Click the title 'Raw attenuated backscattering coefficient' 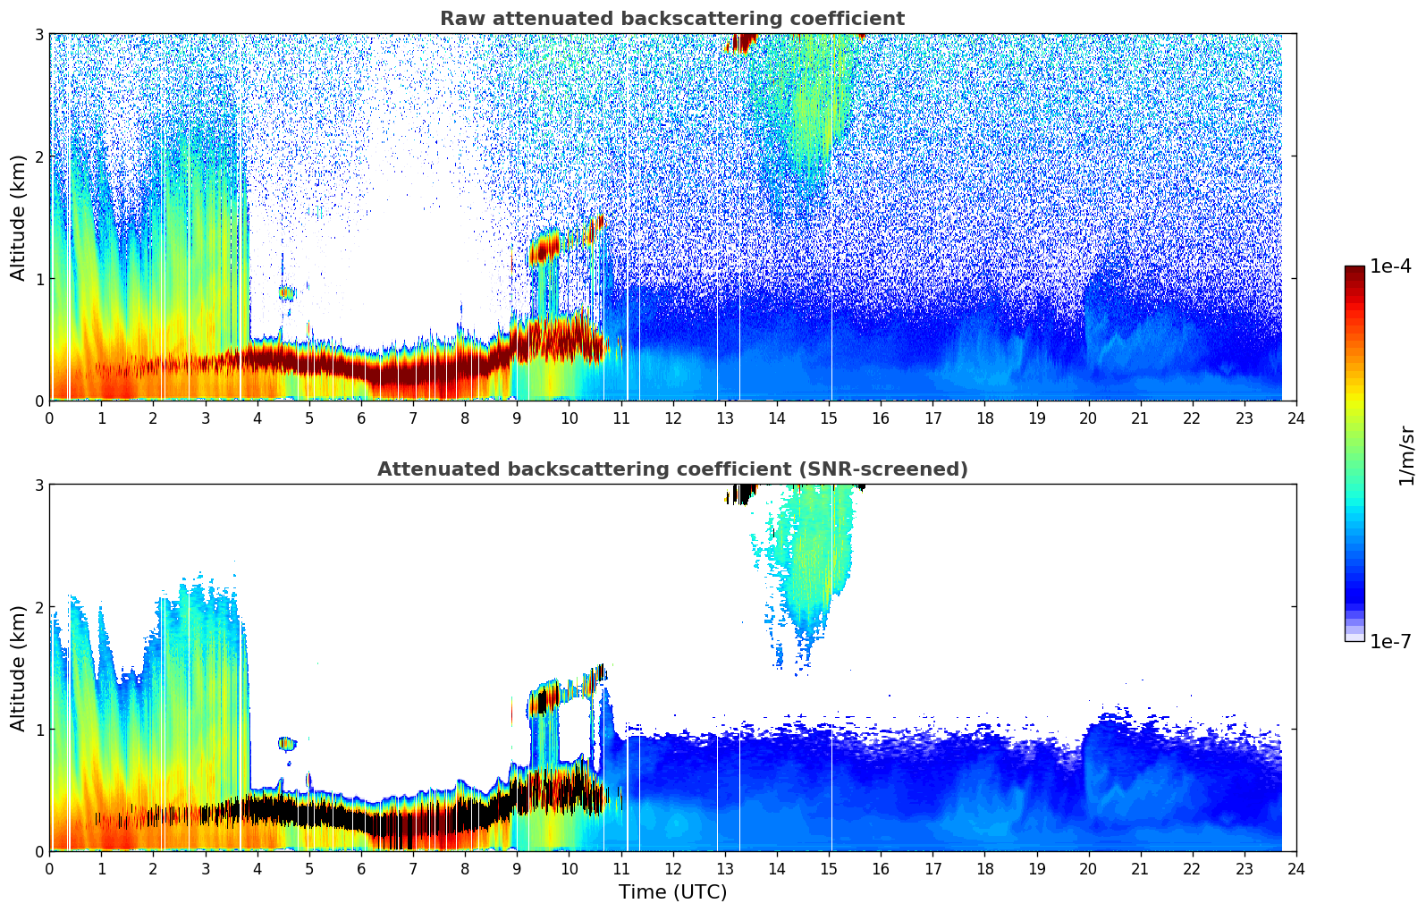(671, 19)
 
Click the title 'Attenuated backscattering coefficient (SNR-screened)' (671, 469)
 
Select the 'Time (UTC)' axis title (672, 891)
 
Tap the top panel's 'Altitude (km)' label (18, 217)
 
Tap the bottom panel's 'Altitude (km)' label (18, 668)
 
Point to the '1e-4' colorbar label (1390, 266)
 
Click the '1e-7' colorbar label (1390, 641)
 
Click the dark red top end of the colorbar (1354, 271)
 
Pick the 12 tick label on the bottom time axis (672, 868)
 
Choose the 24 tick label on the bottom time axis (1295, 868)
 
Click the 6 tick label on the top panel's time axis (361, 418)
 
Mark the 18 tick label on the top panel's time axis (984, 418)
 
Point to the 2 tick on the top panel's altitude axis (38, 156)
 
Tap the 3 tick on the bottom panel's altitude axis (38, 485)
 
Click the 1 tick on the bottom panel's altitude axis (38, 730)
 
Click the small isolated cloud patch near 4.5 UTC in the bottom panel (286, 743)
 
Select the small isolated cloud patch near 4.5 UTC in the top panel (286, 292)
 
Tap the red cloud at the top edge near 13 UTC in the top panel (741, 43)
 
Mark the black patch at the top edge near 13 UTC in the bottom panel (741, 494)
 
